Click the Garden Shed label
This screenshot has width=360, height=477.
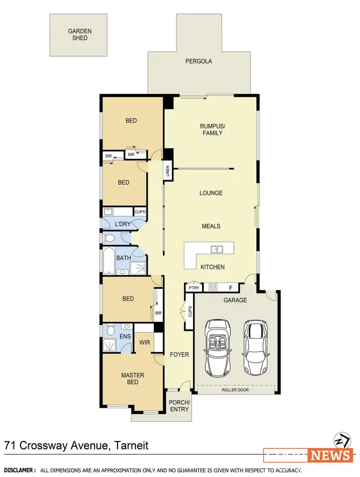[80, 34]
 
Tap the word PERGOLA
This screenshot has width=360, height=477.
[199, 61]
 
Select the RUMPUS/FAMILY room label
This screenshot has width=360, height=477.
[212, 129]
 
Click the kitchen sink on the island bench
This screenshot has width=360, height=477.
[217, 249]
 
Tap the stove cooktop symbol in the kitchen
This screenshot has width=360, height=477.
[213, 287]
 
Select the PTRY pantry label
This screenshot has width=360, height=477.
[194, 288]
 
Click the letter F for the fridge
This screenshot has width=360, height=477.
[231, 288]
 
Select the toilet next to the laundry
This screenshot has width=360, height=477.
[108, 238]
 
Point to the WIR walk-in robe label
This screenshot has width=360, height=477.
[145, 343]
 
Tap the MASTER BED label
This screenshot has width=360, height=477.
[132, 379]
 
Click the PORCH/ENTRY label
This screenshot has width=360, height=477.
[180, 405]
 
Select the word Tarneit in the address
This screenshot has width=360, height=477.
[132, 445]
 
